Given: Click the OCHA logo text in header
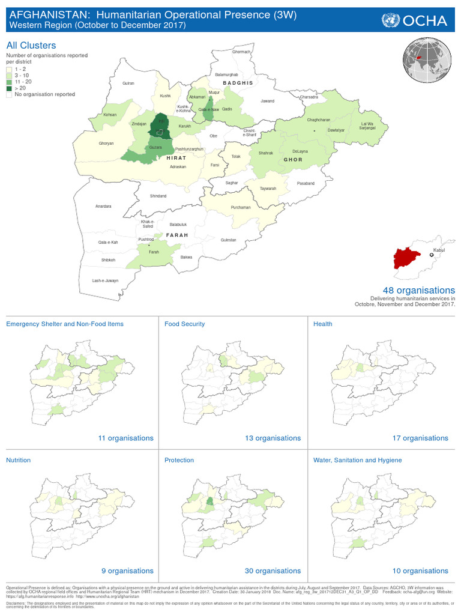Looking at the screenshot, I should pyautogui.click(x=425, y=21).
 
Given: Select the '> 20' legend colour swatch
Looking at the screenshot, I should pyautogui.click(x=10, y=88).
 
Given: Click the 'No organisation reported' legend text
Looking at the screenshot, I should pyautogui.click(x=45, y=94).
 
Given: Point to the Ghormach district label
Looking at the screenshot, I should pyautogui.click(x=241, y=52).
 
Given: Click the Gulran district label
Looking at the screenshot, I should pyautogui.click(x=128, y=83).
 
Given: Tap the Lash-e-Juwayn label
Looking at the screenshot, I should pyautogui.click(x=105, y=280).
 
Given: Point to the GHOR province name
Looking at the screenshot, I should pyautogui.click(x=292, y=160).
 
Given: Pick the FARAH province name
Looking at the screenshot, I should pyautogui.click(x=177, y=234).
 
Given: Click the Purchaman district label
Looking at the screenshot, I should pyautogui.click(x=241, y=207).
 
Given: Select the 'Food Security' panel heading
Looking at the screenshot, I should pyautogui.click(x=184, y=324).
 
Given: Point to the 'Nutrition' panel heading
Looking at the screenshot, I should pyautogui.click(x=18, y=460).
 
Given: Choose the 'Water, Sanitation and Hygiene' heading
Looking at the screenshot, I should pyautogui.click(x=357, y=460).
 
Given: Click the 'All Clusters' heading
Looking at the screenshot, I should pyautogui.click(x=31, y=45).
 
